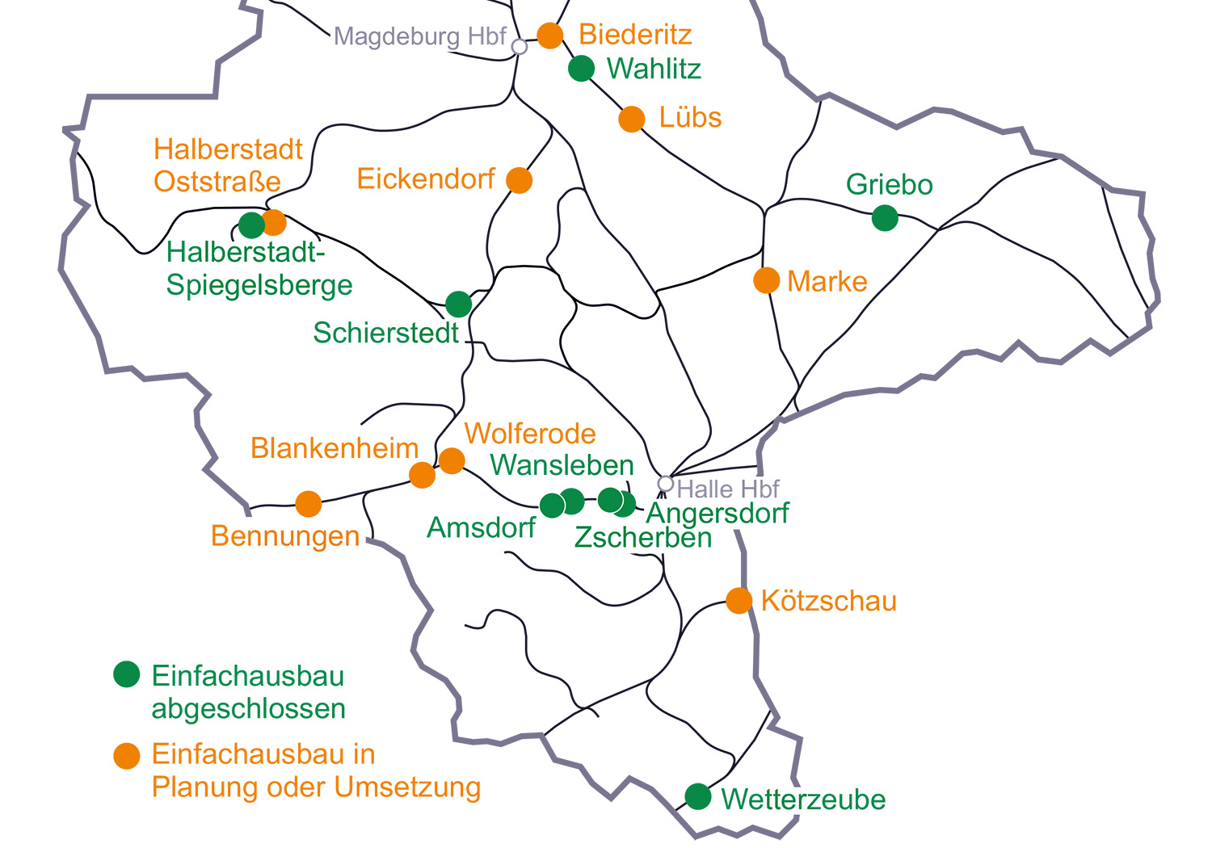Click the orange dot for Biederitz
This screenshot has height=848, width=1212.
pos(550,36)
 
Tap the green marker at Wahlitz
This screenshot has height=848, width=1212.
pos(581,69)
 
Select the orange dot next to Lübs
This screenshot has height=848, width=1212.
pos(632,119)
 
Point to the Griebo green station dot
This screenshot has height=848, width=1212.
pos(885,217)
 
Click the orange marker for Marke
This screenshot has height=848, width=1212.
pos(766,280)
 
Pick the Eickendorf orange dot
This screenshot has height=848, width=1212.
pos(520,180)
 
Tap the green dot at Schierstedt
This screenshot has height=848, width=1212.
pos(458,304)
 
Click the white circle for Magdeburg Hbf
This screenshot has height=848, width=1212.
pos(520,47)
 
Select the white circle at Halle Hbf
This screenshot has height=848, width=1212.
pos(665,483)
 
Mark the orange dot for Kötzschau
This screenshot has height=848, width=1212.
pos(739,600)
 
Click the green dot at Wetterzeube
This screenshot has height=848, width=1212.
pos(697,796)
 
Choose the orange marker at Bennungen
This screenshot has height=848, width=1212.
pos(308,504)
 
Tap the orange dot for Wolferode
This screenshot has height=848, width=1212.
pos(452,460)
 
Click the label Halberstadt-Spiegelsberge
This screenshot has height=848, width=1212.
pos(259,269)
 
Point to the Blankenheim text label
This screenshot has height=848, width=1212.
pos(335,448)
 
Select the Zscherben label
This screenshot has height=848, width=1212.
pos(643,538)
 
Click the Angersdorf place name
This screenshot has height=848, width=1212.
pos(718,513)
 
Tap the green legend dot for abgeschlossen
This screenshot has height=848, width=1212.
pos(127,674)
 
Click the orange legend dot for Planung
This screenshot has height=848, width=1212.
pos(127,756)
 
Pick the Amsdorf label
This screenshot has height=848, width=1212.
pos(481,527)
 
